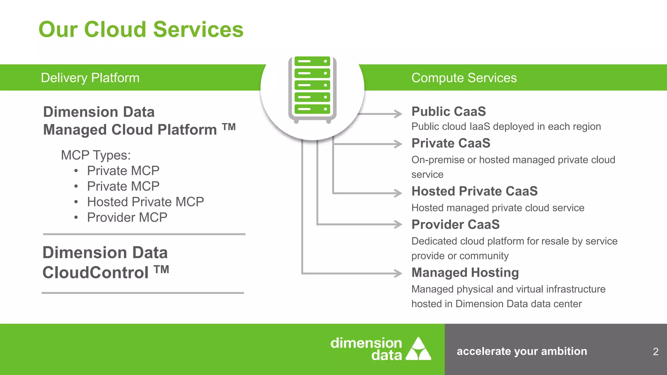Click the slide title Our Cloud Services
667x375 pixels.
[x=141, y=30]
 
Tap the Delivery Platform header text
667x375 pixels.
[x=90, y=78]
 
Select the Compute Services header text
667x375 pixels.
[x=464, y=78]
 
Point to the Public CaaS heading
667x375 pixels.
[x=448, y=111]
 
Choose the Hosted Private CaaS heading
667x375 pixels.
[x=474, y=191]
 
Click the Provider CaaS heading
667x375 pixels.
[x=455, y=225]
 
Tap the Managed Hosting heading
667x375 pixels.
[x=465, y=272]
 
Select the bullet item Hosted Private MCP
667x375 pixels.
[x=145, y=202]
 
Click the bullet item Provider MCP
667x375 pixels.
[x=127, y=217]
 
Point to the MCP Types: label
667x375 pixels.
[x=95, y=155]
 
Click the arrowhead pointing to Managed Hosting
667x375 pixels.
[x=398, y=273]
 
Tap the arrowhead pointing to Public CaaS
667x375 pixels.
[x=398, y=114]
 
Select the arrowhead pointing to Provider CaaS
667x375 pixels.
[x=398, y=224]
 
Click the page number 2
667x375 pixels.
[x=656, y=352]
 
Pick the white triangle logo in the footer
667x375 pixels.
[x=419, y=349]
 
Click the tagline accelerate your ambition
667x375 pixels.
[x=521, y=351]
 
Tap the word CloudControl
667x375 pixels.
[x=95, y=272]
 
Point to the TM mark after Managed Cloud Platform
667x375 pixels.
[x=229, y=127]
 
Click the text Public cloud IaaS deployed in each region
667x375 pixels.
[x=506, y=127]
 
